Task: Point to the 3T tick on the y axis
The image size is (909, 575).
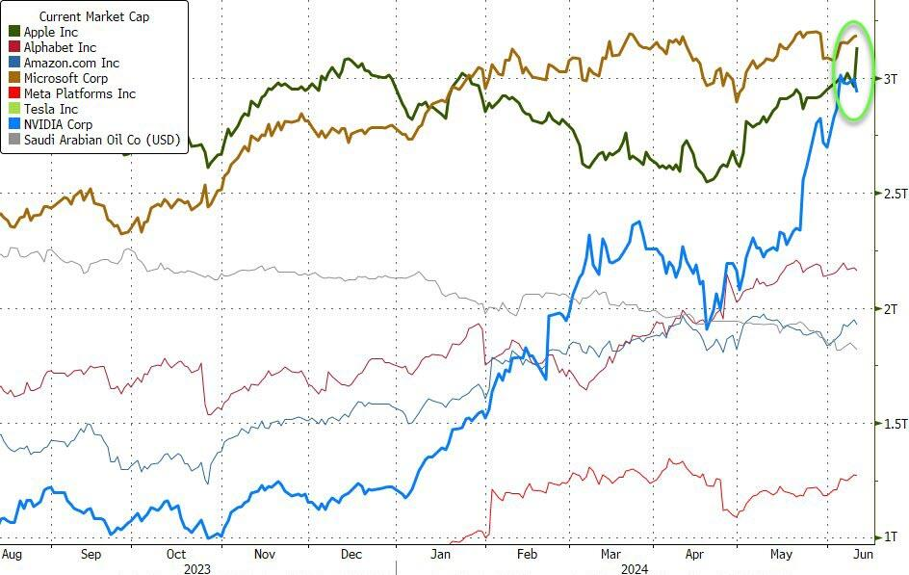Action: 891,78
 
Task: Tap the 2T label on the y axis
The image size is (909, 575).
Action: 891,308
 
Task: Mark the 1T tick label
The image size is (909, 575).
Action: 891,537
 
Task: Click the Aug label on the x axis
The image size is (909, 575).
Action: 12,555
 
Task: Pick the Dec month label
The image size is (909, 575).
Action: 351,555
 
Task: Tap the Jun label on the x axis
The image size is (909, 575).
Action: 863,555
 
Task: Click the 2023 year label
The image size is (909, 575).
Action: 197,568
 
